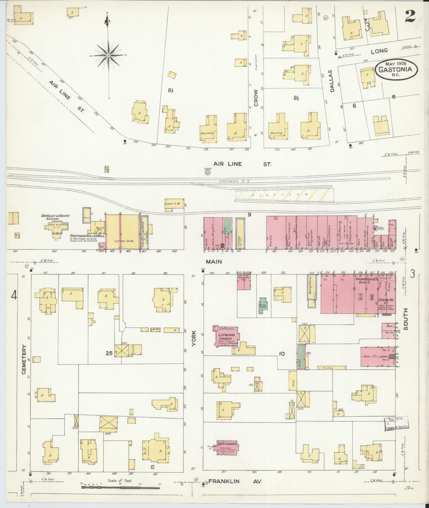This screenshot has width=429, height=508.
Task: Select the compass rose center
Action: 109,55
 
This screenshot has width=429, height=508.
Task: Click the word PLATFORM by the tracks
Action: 284,195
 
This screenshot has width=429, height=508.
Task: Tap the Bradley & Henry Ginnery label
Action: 55,217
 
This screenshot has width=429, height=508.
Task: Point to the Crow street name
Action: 256,98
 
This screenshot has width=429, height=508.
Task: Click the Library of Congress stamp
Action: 396,430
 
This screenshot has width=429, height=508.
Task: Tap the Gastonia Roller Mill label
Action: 83,236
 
